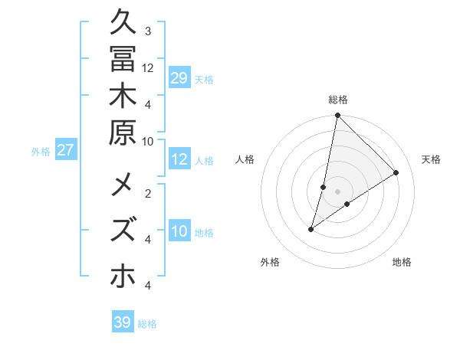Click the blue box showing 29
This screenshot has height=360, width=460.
179,79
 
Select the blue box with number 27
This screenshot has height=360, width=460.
66,150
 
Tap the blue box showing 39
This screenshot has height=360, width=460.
123,322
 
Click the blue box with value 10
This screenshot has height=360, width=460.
179,232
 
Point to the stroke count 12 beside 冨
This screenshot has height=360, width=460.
148,67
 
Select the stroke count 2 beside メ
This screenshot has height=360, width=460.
148,193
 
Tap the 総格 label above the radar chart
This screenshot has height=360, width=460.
338,100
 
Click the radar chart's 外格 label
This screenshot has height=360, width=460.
270,263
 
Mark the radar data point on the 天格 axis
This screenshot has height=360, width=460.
396,172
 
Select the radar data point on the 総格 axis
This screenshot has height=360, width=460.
337,116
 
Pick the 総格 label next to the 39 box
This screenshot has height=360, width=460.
148,324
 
